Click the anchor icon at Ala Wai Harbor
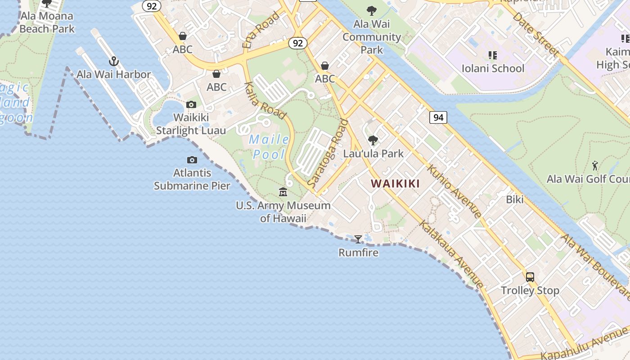coord(114,61)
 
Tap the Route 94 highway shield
coord(438,118)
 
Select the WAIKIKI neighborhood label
coord(395,184)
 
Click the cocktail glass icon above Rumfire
coord(358,239)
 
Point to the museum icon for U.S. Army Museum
coord(283,192)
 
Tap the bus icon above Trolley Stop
coord(530,277)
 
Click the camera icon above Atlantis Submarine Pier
coord(192,160)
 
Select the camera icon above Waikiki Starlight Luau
coord(191,105)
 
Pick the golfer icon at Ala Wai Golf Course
coord(595,166)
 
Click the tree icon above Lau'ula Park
coord(373,140)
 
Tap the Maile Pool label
coord(269,147)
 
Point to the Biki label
coord(515,199)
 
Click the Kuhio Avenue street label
coord(454,191)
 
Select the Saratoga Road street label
coord(328,153)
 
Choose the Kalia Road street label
coord(265,101)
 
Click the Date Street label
coord(535,34)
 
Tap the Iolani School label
coord(493,68)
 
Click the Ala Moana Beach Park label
coord(47,22)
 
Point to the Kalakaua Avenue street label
coord(451,254)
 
